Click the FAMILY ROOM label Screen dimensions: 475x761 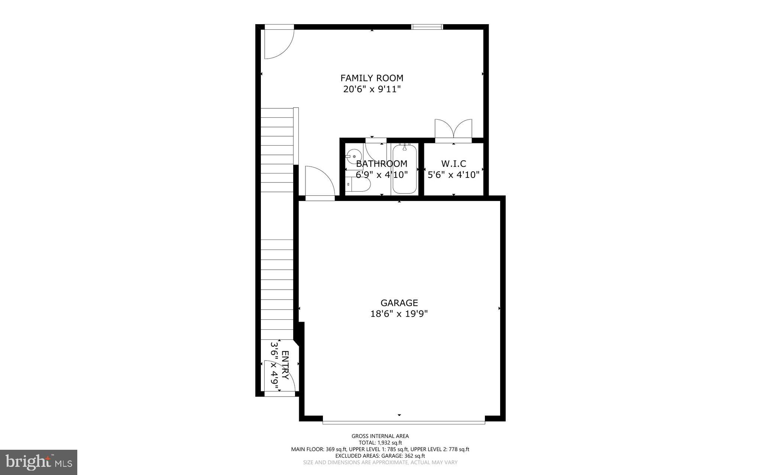coord(372,78)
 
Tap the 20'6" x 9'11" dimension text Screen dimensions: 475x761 coord(372,90)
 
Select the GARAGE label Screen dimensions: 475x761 coord(399,303)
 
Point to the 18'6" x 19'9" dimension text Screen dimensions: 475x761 coord(399,314)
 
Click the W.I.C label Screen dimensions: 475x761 coord(453,163)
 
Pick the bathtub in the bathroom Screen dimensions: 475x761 coord(404,169)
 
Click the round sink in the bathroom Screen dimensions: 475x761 coord(354,157)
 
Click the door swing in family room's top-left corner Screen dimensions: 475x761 coord(277,43)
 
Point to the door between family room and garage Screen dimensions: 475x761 coord(319,182)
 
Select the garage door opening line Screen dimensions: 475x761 coord(404,422)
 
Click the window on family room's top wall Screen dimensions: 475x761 coord(427,27)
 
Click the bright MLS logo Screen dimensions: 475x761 coord(39,462)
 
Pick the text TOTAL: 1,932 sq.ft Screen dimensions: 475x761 coord(380,443)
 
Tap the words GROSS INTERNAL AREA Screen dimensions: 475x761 coord(380,436)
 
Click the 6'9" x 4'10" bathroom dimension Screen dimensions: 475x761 coord(382,175)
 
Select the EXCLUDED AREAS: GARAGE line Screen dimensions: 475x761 coord(380,456)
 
